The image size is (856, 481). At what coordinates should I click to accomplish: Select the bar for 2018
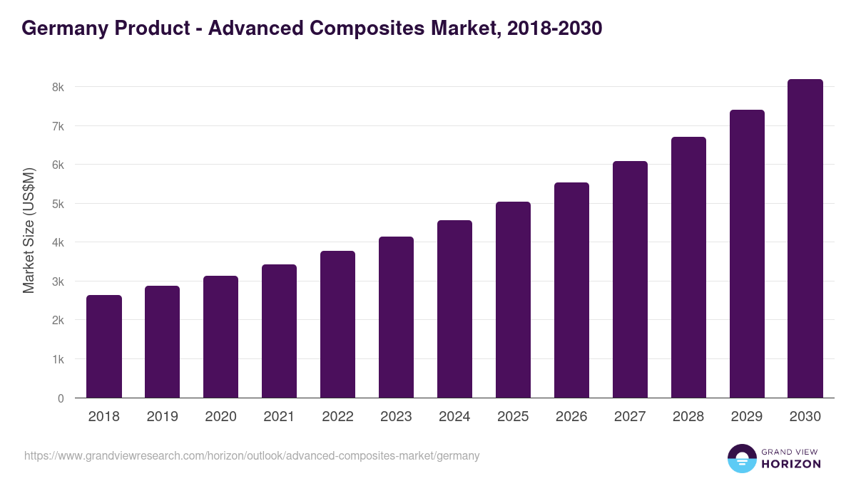coord(104,346)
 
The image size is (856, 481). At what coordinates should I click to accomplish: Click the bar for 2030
coord(805,239)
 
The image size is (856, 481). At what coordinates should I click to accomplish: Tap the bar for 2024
coord(454,309)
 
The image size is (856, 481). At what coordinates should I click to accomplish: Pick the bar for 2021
coord(279,331)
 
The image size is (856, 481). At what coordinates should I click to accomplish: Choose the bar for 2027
coord(630,279)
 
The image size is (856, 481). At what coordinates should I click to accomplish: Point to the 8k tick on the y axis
coord(57,87)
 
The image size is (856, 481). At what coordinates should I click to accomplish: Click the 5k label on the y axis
coord(57,204)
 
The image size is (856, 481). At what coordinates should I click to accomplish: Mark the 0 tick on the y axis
coord(61,398)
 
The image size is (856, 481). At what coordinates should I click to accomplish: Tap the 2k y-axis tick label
coord(57,321)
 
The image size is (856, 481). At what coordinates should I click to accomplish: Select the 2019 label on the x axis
coord(163,417)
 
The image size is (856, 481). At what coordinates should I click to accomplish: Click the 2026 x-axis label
coord(571,417)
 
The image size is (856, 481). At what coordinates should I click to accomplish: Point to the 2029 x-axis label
coord(747,417)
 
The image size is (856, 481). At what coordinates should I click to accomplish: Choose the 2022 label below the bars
coord(337,417)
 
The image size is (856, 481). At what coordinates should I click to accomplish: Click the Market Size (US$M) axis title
coord(29,230)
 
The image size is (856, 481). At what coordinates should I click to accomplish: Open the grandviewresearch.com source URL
coord(252,455)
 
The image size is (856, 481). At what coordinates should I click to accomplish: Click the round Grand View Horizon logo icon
coord(742,459)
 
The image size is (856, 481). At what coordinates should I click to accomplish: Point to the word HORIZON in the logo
coord(791,464)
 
